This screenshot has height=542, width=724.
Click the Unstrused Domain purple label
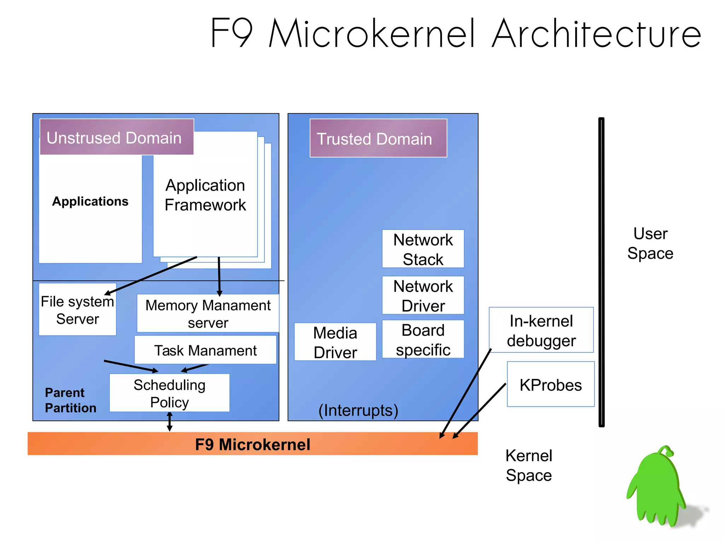[x=117, y=137]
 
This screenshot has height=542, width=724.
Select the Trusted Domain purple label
[x=378, y=138]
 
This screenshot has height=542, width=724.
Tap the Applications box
[x=90, y=208]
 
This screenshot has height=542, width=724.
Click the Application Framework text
[x=205, y=195]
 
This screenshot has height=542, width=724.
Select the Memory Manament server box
[x=208, y=314]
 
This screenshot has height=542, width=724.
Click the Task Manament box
[x=205, y=350]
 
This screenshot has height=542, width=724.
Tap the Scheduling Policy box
[x=169, y=393]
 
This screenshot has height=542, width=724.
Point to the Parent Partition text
[x=70, y=400]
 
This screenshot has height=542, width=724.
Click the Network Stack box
[x=423, y=249]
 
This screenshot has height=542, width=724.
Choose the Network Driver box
[x=423, y=296]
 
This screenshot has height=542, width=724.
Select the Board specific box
[x=423, y=340]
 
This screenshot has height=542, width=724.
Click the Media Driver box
[x=335, y=342]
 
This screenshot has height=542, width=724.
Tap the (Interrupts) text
[x=358, y=410]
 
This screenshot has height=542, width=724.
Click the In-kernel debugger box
[x=541, y=330]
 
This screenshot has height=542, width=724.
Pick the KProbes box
[x=550, y=385]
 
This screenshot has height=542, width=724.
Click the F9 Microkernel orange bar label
[x=252, y=444]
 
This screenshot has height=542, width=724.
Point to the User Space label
[x=650, y=243]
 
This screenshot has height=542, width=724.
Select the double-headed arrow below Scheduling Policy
[x=170, y=422]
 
